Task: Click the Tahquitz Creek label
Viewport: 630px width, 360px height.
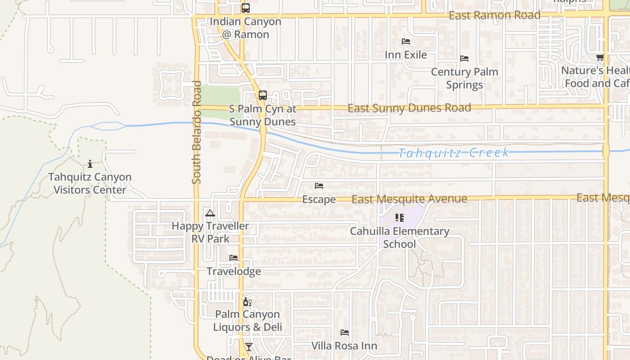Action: (454, 153)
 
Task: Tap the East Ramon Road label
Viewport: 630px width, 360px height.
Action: (495, 15)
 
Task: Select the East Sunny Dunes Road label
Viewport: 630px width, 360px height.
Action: (409, 108)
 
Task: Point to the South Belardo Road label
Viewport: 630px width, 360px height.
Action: (196, 132)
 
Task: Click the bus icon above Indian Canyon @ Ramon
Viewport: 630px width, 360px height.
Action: (245, 8)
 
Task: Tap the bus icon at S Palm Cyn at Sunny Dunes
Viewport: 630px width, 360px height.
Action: (262, 95)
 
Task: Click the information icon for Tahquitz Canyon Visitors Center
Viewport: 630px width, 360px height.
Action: (90, 164)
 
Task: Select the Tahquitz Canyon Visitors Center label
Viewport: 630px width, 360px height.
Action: (90, 183)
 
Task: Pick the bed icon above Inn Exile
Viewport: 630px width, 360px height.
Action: (405, 41)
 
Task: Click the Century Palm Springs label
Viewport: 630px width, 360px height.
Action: (464, 78)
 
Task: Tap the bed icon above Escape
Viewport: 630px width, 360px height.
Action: (319, 186)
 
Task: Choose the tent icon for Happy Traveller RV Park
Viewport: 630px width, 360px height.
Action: (210, 213)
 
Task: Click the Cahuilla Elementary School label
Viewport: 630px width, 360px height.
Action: (400, 238)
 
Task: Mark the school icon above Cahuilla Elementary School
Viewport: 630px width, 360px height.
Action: (399, 218)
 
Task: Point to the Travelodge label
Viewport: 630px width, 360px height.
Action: (234, 271)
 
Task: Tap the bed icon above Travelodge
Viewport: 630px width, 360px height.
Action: (234, 258)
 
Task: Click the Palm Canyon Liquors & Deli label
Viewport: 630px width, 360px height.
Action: (247, 320)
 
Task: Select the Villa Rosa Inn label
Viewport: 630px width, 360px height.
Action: (344, 346)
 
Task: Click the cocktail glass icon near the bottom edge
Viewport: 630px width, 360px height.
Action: (248, 346)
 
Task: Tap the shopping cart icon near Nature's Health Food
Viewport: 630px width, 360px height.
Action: (599, 58)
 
